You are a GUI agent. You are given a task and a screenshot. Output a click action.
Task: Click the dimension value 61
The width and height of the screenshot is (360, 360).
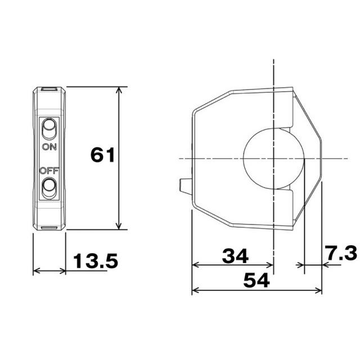tap(102, 155)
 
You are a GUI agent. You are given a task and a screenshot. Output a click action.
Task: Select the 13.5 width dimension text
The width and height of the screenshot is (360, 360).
tap(96, 260)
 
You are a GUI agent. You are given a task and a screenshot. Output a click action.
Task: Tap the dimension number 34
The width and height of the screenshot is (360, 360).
tap(235, 256)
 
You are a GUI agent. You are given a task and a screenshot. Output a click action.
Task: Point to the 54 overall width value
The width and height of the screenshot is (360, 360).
tap(256, 280)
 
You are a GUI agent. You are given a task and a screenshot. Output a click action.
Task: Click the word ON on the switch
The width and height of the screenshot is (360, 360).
tap(49, 147)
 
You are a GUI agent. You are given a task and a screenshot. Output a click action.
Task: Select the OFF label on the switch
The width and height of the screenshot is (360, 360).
tap(49, 171)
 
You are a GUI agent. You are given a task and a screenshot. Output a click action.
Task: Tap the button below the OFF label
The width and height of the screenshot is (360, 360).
tap(49, 187)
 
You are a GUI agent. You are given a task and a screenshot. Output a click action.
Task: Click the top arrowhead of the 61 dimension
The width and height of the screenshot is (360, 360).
tap(119, 90)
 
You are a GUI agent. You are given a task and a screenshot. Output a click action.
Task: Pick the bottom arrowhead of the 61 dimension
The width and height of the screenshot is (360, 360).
tap(119, 226)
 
